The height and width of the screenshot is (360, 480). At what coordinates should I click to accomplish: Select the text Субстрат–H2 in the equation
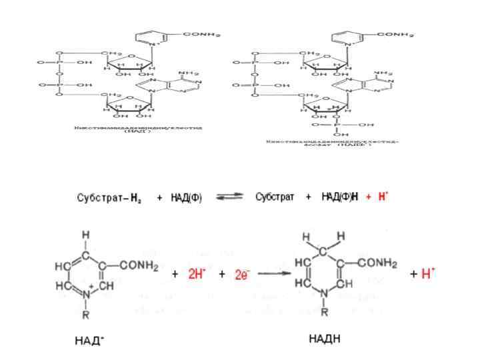pyautogui.click(x=108, y=199)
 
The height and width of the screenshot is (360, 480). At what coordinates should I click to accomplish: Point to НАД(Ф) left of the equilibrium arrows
pyautogui.click(x=187, y=199)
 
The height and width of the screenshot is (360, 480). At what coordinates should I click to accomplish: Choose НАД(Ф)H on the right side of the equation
pyautogui.click(x=340, y=198)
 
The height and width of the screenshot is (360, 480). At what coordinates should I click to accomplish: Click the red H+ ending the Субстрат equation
pyautogui.click(x=383, y=198)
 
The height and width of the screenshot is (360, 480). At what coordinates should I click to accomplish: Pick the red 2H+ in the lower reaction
pyautogui.click(x=197, y=274)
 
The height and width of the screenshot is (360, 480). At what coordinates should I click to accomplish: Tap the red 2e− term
pyautogui.click(x=242, y=275)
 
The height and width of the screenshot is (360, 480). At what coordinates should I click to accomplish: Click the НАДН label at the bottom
pyautogui.click(x=325, y=339)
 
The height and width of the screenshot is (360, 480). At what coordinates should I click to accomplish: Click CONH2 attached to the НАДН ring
pyautogui.click(x=378, y=264)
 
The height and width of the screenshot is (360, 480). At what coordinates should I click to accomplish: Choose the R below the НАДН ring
pyautogui.click(x=325, y=311)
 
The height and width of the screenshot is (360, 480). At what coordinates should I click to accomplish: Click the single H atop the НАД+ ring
pyautogui.click(x=86, y=235)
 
